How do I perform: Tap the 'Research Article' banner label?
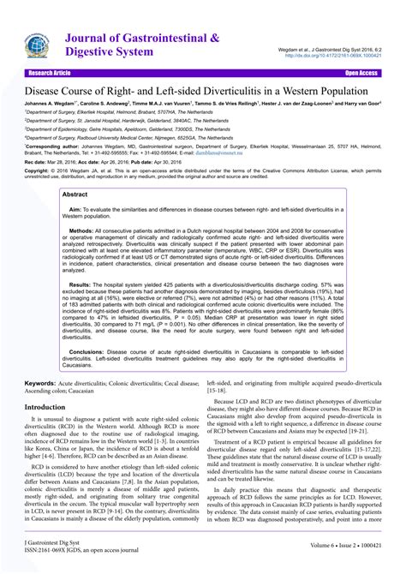52,74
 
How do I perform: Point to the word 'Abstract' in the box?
76,194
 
